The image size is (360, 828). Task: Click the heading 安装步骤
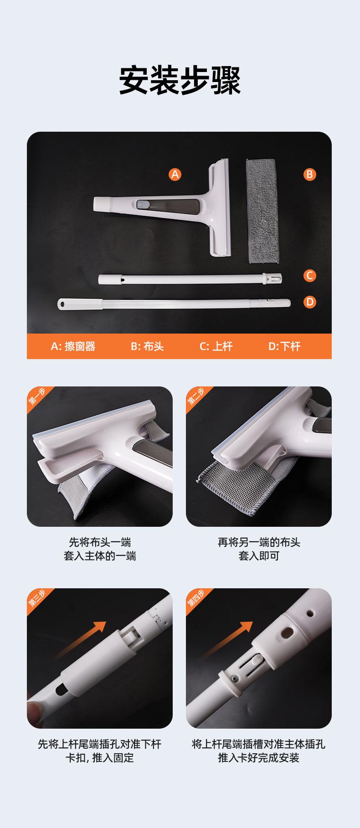[x=180, y=81]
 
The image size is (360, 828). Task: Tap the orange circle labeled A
[x=175, y=174]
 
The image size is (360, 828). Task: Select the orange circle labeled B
[x=310, y=174]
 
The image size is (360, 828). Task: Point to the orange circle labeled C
[x=310, y=275]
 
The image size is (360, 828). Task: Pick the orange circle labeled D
[x=310, y=302]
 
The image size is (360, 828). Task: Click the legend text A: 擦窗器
[x=73, y=346]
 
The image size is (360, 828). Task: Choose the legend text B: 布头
[x=147, y=346]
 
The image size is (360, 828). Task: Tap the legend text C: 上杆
[x=216, y=346]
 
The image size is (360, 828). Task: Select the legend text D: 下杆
[x=284, y=346]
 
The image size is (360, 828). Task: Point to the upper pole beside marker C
[x=190, y=278]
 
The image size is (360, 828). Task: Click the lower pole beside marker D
[x=174, y=303]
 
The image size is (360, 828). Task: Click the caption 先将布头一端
[x=100, y=542]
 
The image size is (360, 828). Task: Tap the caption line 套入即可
[x=259, y=556]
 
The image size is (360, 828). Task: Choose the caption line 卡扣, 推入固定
[x=100, y=758]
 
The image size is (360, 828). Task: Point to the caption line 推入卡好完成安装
[x=259, y=758]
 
